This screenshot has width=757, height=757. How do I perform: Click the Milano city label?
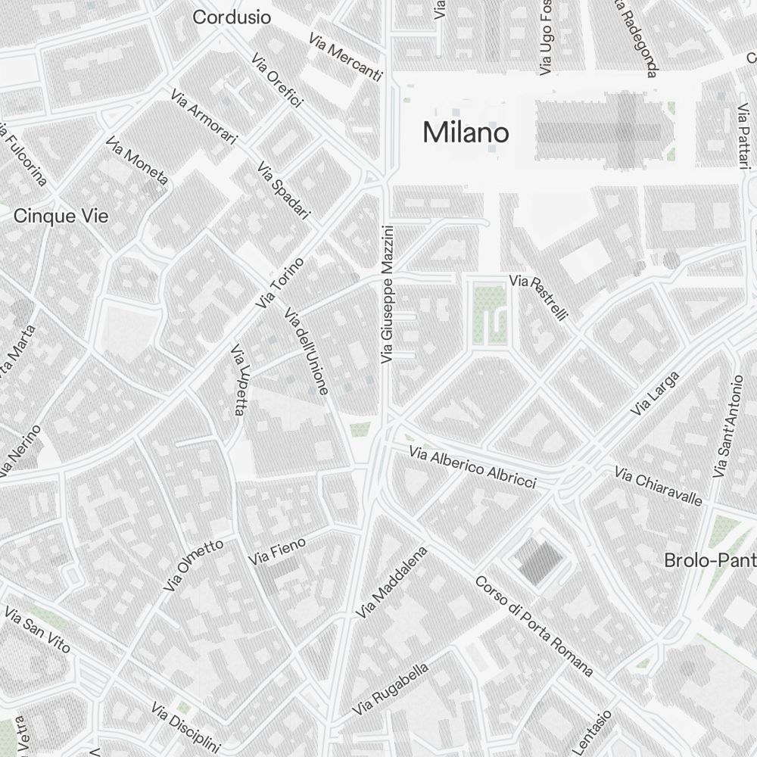[x=466, y=132]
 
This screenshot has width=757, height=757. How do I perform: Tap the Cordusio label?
[x=232, y=17]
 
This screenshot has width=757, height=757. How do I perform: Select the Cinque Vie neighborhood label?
[x=61, y=217]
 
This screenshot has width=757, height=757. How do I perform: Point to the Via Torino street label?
[x=280, y=283]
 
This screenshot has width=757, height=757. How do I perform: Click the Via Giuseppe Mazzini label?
[x=388, y=293]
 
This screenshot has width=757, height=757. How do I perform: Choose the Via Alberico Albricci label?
[x=472, y=467]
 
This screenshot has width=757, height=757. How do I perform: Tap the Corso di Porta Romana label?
[x=534, y=625]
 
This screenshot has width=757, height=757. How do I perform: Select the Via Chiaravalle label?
[x=659, y=488]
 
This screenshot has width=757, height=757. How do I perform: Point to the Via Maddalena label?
[x=394, y=582]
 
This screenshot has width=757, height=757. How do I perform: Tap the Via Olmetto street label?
[x=193, y=565]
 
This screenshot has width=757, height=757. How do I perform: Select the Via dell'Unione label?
[x=306, y=351]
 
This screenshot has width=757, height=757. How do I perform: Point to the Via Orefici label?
[x=278, y=81]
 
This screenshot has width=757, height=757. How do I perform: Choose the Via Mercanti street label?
[x=346, y=57]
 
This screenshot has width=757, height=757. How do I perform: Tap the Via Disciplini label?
[x=185, y=725]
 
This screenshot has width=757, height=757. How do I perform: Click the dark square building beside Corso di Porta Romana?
[x=539, y=561]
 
